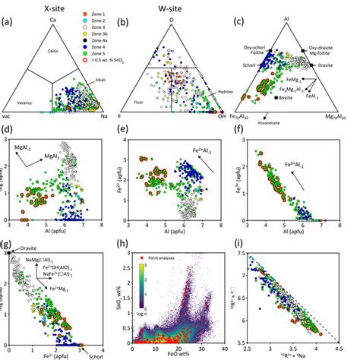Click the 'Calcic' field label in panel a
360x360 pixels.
click(53, 52)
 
